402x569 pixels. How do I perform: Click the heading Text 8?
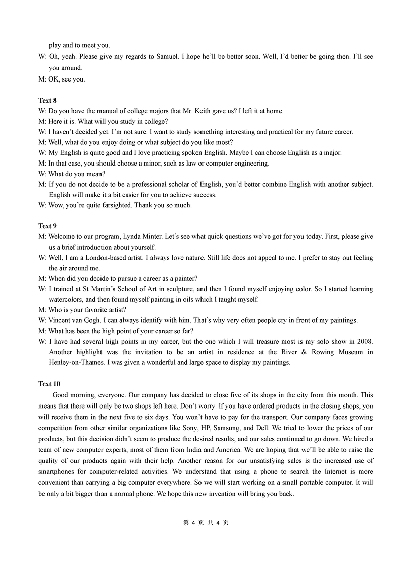tap(47, 100)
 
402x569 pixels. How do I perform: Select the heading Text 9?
tap(47, 226)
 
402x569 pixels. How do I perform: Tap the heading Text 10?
tap(49, 384)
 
